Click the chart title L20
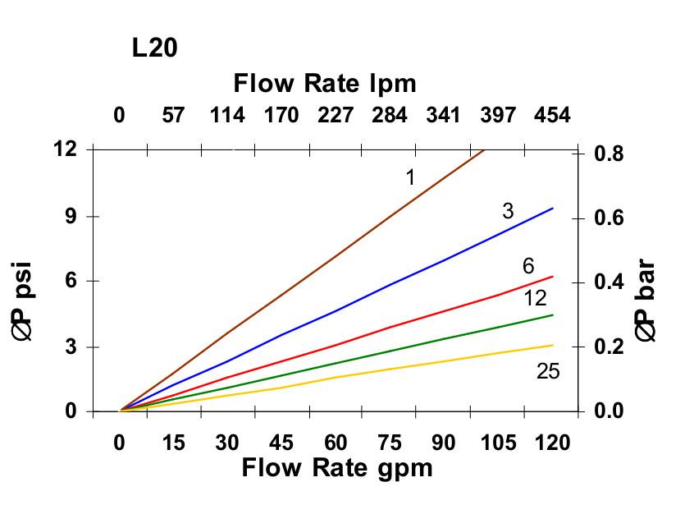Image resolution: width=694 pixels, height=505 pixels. [x=154, y=48]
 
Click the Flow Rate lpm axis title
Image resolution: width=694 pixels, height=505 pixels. [x=325, y=83]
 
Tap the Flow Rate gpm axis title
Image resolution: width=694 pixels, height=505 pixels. [x=336, y=468]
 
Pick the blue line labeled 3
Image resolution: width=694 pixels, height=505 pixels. [x=390, y=284]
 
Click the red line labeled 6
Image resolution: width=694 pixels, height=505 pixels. [x=390, y=327]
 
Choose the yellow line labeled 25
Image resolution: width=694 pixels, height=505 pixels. [x=390, y=367]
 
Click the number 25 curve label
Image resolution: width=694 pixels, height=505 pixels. [x=548, y=372]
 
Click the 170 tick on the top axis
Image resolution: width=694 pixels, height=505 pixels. [x=281, y=115]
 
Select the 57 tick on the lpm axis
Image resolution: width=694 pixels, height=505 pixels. [x=173, y=115]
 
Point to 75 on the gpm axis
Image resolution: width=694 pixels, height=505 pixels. [x=390, y=443]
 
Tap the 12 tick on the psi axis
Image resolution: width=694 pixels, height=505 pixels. [x=66, y=149]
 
